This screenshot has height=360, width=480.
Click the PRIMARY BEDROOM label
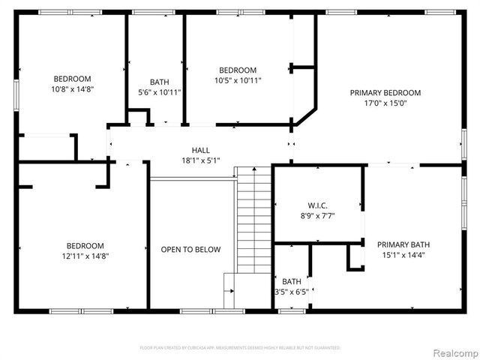(385, 93)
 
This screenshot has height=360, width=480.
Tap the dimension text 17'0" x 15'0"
(385, 104)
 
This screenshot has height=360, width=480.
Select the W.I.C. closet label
(318, 205)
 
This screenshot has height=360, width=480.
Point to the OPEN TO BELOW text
(190, 250)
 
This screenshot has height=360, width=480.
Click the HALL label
(200, 150)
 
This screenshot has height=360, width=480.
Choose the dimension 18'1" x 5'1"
(200, 160)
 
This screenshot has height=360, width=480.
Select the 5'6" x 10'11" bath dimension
(160, 92)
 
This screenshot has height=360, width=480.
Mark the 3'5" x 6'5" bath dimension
(291, 292)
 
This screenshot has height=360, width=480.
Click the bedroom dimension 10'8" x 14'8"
(72, 89)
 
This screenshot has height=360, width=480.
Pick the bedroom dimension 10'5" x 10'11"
(237, 80)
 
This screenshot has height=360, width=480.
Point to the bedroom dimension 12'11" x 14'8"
(85, 256)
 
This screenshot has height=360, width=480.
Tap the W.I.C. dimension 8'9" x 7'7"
(318, 216)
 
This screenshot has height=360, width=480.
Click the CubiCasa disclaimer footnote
(240, 348)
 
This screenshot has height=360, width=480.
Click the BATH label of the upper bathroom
(160, 82)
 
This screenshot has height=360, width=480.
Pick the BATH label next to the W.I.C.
(292, 282)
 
